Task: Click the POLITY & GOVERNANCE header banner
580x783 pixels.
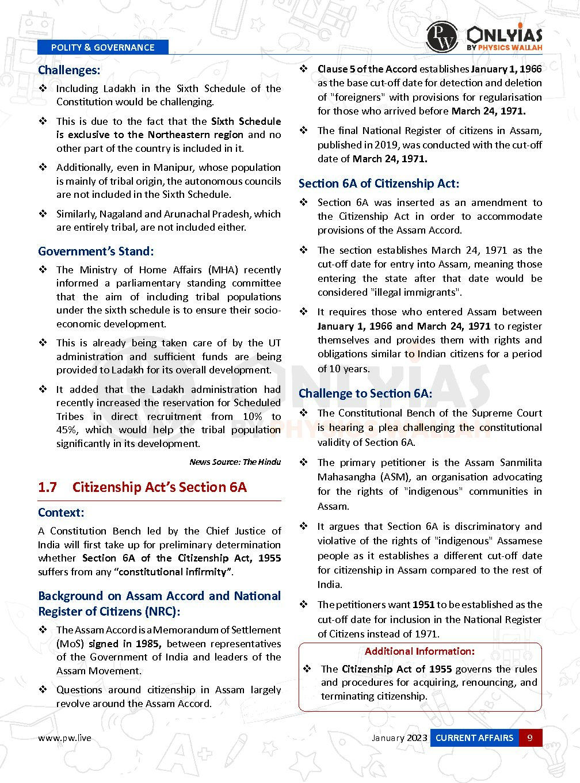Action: point(102,47)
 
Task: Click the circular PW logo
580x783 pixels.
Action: point(441,37)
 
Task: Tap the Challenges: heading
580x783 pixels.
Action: point(69,70)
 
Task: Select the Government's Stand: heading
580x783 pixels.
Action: point(96,251)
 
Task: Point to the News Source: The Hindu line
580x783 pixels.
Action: point(235,462)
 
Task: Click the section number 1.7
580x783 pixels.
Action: point(47,487)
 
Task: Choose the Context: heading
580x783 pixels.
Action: point(61,513)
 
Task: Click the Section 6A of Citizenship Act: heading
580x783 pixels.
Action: point(379,184)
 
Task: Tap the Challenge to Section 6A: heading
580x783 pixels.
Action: point(365,394)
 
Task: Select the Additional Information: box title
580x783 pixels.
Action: point(419,651)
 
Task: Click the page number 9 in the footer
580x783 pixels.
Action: point(530,738)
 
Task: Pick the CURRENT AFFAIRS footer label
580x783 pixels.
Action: point(474,738)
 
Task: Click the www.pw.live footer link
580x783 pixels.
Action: point(64,738)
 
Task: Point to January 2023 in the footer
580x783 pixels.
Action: point(399,738)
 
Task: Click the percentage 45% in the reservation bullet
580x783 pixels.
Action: point(67,430)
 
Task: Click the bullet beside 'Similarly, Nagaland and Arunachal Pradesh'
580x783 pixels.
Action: point(43,213)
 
